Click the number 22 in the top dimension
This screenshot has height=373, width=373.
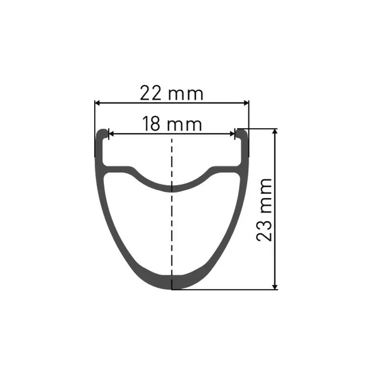click(x=152, y=94)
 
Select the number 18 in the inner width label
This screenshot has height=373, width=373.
click(x=151, y=124)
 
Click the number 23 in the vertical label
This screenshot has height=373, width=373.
click(x=265, y=229)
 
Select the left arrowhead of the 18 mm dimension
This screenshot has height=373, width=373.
click(x=111, y=134)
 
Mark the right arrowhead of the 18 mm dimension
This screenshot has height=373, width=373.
click(x=233, y=134)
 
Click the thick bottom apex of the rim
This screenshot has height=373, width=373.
click(x=173, y=282)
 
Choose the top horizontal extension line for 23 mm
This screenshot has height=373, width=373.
click(x=261, y=128)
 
